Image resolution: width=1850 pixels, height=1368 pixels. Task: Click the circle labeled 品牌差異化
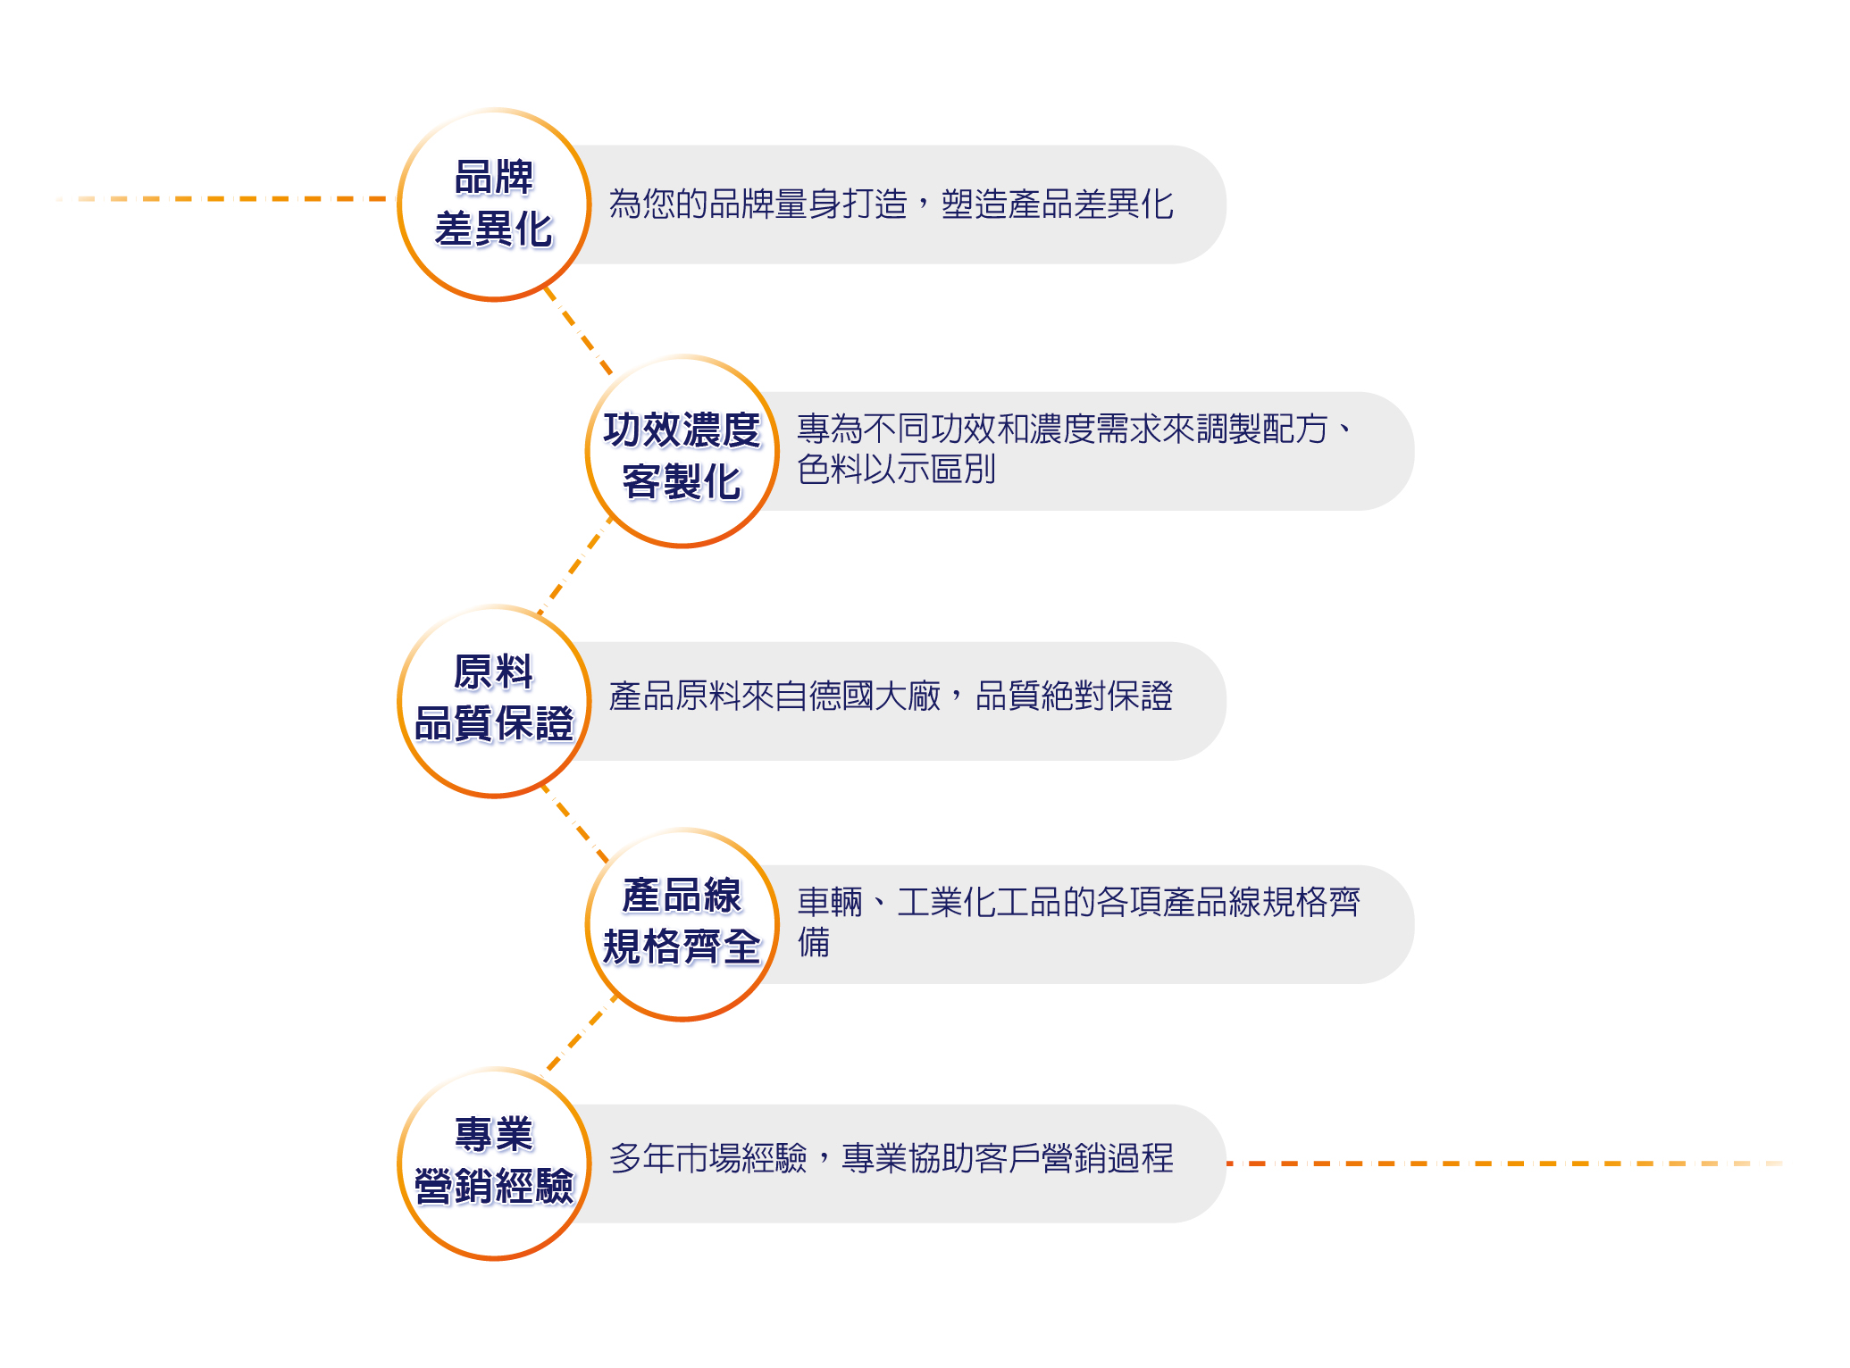coord(494,204)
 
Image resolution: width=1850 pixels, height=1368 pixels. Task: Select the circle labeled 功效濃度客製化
coord(682,452)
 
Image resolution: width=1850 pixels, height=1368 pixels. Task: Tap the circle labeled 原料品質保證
coord(494,701)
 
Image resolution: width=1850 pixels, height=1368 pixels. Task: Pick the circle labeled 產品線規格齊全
coord(682,924)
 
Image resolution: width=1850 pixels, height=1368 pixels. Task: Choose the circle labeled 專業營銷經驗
coord(494,1164)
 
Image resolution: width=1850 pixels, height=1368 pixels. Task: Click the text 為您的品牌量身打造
coord(758,204)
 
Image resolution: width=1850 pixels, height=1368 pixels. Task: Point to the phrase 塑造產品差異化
coord(1057,204)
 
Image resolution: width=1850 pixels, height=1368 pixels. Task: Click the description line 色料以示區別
coord(896,470)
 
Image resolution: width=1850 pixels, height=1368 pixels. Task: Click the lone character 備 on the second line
coord(814,943)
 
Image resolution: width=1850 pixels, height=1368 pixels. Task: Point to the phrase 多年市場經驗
coord(707,1159)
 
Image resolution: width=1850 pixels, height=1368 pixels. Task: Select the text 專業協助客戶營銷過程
coord(1008,1159)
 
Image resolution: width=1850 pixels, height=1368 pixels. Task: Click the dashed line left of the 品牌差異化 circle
coord(223,198)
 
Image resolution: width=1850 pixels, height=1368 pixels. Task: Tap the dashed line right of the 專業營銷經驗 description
coord(1501,1164)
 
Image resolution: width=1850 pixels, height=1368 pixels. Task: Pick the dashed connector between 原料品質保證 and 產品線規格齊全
coord(574,822)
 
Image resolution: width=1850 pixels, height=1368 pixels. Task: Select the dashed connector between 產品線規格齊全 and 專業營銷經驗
coord(581,1034)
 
